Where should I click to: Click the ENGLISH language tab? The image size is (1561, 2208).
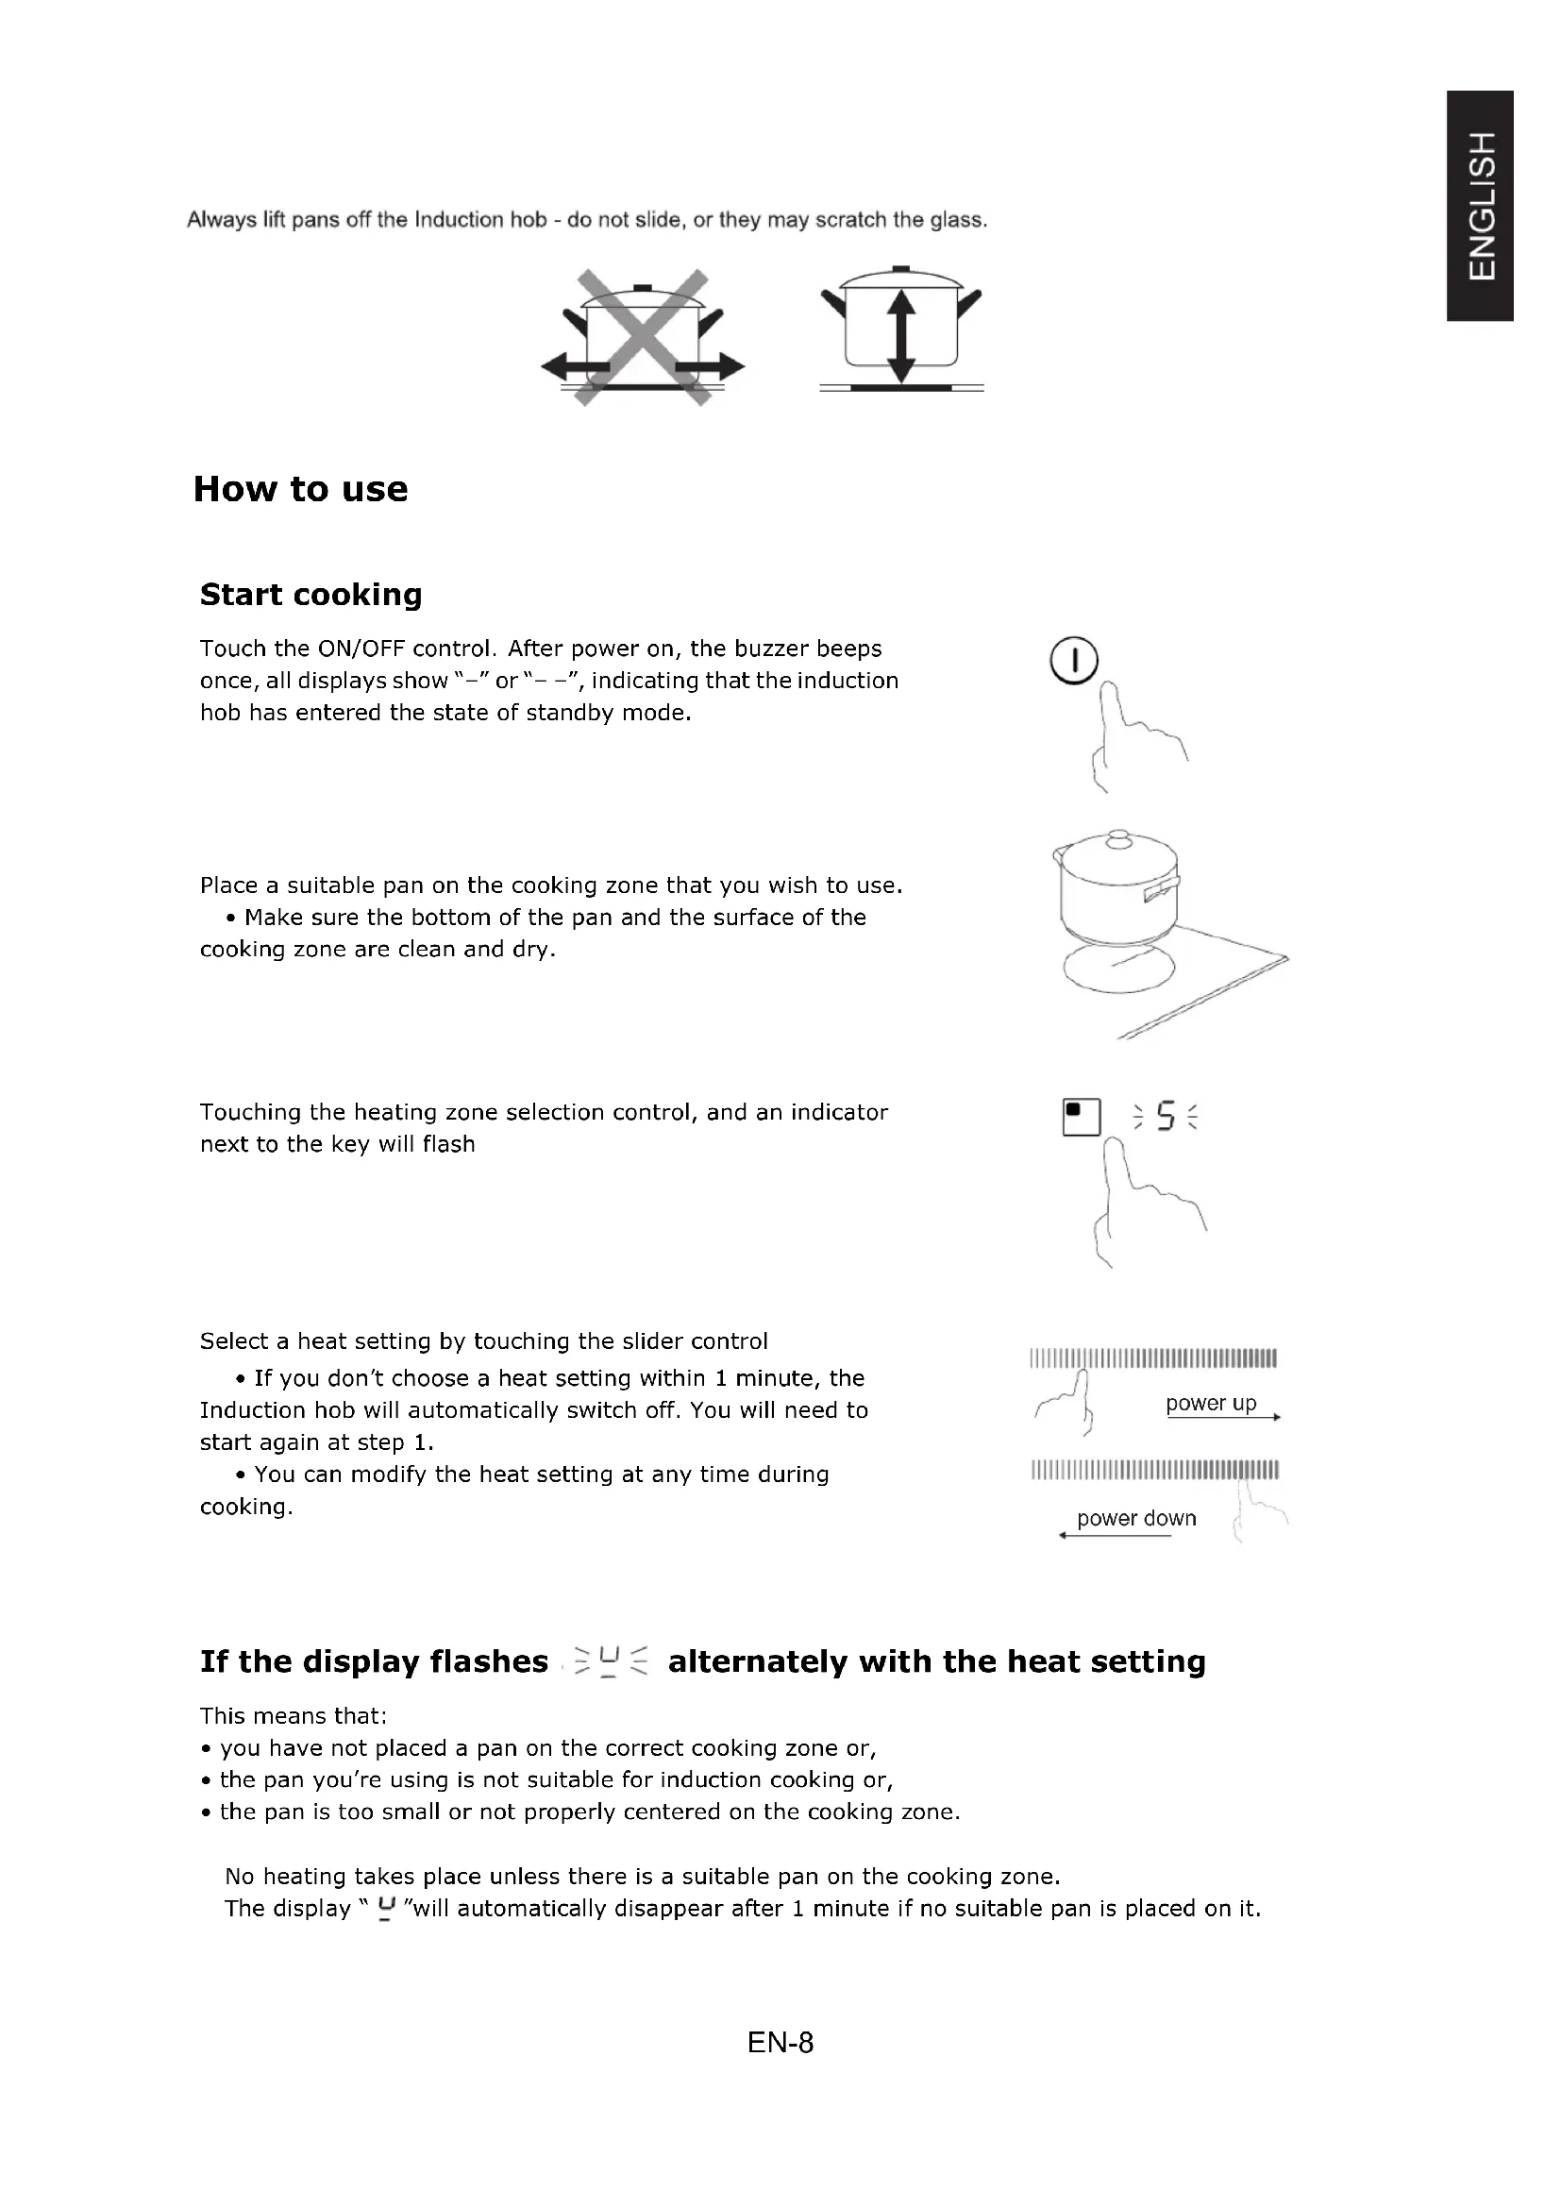click(1481, 206)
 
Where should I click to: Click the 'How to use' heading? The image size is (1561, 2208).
click(300, 489)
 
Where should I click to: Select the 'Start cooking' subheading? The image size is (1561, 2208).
click(311, 595)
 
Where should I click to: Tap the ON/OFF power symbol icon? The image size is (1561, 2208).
click(1074, 661)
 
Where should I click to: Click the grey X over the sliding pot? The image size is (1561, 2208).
click(642, 337)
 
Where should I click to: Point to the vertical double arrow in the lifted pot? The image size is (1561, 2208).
click(899, 338)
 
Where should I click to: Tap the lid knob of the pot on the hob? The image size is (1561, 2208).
click(1117, 838)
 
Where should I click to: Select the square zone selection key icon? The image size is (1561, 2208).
click(1082, 1117)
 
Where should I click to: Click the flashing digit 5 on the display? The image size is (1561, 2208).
click(1165, 1117)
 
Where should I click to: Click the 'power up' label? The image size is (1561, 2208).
click(1210, 1403)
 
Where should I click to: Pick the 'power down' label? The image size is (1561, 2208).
click(1136, 1519)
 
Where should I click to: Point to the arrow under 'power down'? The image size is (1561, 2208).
click(1115, 1536)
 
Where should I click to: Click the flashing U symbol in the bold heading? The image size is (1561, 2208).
click(610, 1661)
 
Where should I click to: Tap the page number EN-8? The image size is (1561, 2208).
click(780, 2043)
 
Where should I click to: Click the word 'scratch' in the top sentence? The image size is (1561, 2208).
click(849, 220)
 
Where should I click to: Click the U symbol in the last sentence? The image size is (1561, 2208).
click(386, 1908)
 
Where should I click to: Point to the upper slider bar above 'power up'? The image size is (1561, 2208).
click(1152, 1358)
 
